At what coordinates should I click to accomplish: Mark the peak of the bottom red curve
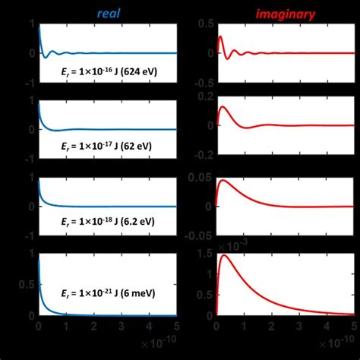click(225, 255)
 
